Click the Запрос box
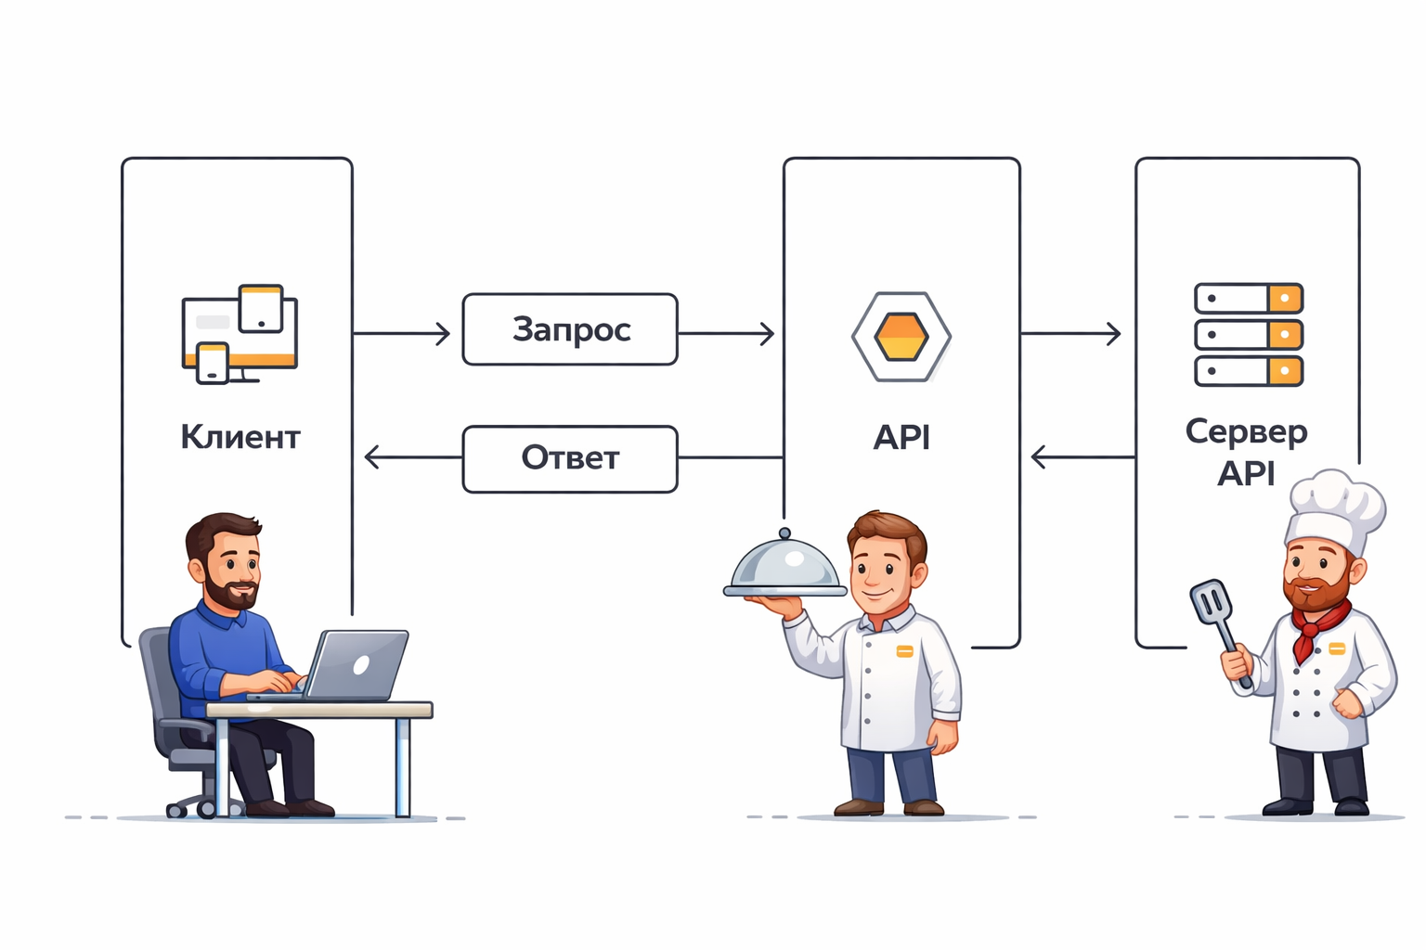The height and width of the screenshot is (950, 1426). pyautogui.click(x=570, y=329)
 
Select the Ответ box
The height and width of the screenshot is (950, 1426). pyautogui.click(x=570, y=458)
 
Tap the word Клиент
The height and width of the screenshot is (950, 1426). pyautogui.click(x=240, y=437)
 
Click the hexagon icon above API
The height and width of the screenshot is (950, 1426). pyautogui.click(x=901, y=336)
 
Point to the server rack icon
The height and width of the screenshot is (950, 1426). pyautogui.click(x=1248, y=335)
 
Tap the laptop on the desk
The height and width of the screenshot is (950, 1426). pyautogui.click(x=357, y=665)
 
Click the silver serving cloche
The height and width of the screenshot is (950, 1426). pyautogui.click(x=785, y=566)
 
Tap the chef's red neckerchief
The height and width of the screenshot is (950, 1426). pyautogui.click(x=1317, y=625)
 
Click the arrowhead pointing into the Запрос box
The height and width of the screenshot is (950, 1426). pyautogui.click(x=444, y=333)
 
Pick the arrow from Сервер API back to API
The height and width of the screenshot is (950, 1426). pyautogui.click(x=1082, y=456)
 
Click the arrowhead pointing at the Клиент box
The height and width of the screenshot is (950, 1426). pyautogui.click(x=372, y=456)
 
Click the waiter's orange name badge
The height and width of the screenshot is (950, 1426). pyautogui.click(x=904, y=651)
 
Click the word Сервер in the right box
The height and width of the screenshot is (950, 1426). pyautogui.click(x=1246, y=432)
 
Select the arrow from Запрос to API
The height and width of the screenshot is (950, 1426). pyautogui.click(x=726, y=333)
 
